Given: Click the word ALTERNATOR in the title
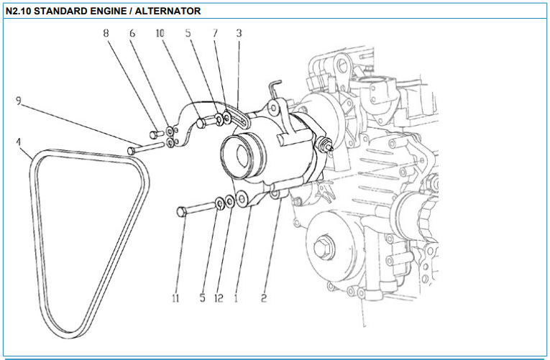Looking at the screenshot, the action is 168,11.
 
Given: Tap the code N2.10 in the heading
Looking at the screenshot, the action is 18,11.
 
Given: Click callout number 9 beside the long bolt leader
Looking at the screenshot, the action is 19,101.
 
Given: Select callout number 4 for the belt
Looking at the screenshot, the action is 18,142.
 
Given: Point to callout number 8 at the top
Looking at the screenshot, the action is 106,33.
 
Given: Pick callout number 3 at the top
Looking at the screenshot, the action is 239,33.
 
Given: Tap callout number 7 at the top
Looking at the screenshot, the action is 215,33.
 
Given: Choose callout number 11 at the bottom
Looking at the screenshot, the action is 175,298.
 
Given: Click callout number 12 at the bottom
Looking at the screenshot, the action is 219,298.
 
